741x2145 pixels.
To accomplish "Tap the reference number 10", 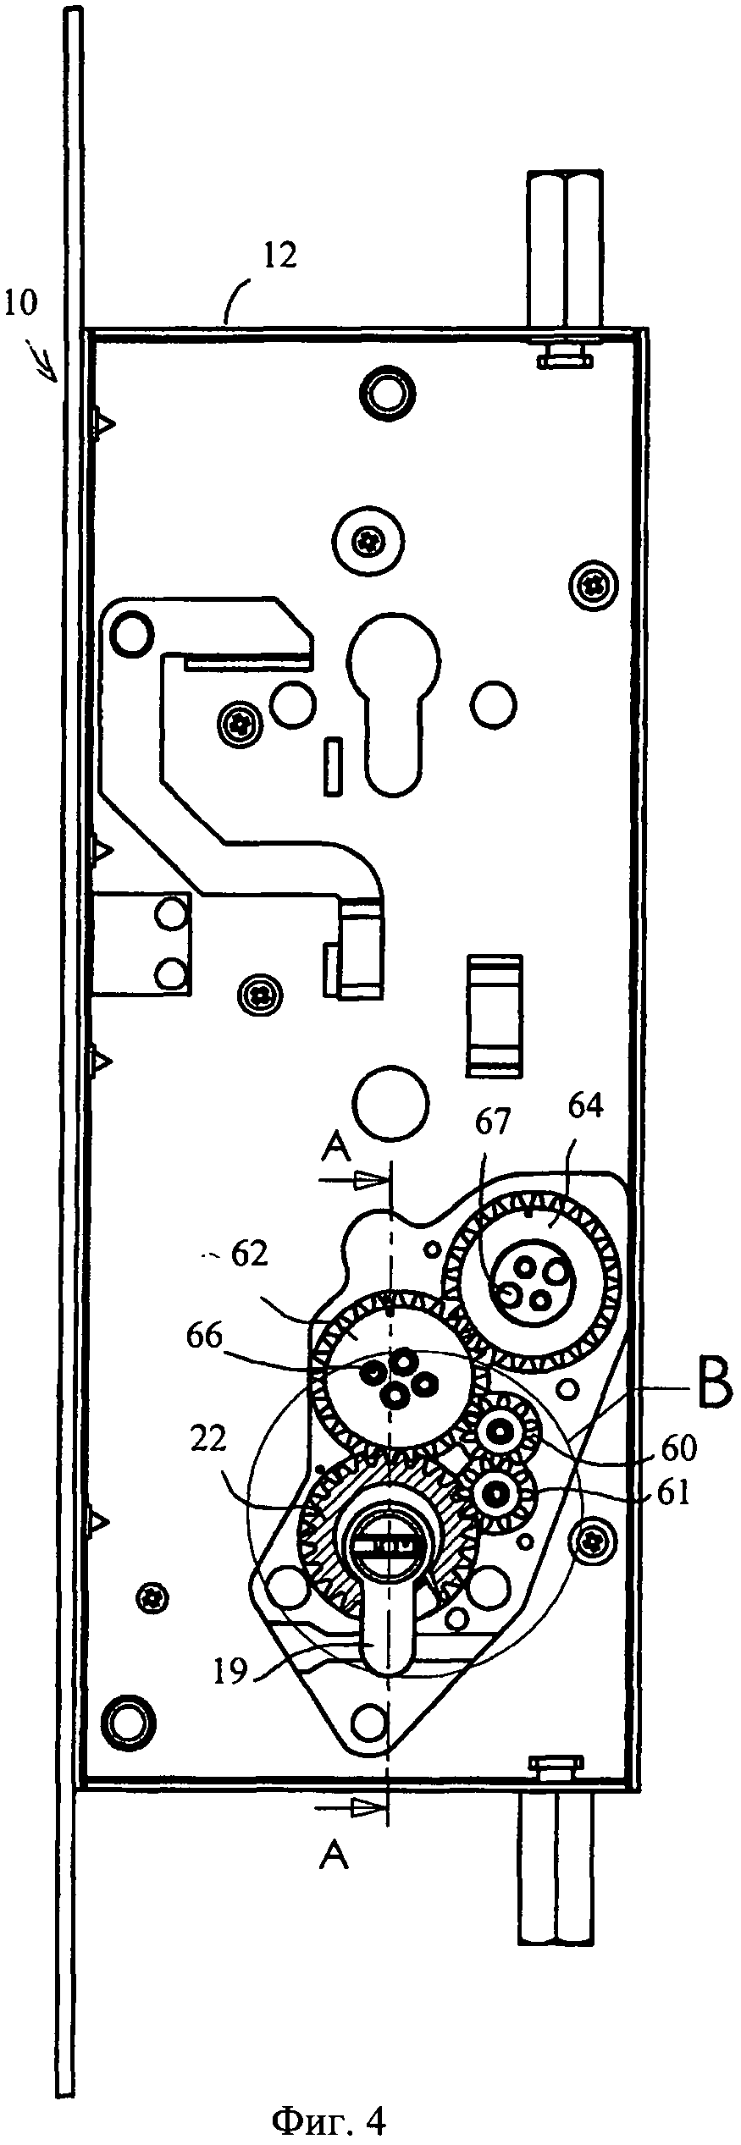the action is pos(20,304).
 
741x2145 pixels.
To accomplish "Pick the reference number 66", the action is pos(203,1337).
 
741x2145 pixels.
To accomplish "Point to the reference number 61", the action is pos(672,1496).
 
